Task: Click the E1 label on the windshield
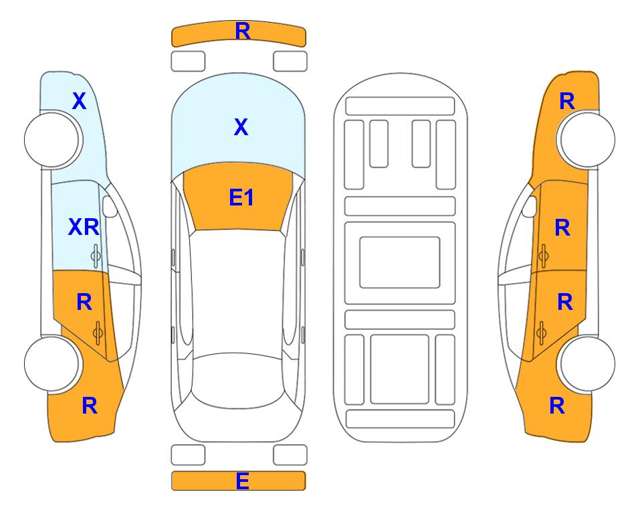click(x=241, y=197)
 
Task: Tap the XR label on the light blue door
click(x=84, y=227)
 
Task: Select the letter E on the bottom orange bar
click(x=242, y=481)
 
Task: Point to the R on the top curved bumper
click(x=243, y=31)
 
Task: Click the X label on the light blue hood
click(x=241, y=127)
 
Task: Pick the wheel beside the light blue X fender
click(x=51, y=140)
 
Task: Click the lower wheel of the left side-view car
click(x=51, y=363)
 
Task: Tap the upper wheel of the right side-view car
click(x=588, y=140)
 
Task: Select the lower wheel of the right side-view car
click(x=588, y=363)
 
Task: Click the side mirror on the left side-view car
click(x=110, y=206)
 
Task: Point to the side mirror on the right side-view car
click(x=530, y=206)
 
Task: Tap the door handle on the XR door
click(x=96, y=256)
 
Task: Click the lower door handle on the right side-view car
click(x=541, y=333)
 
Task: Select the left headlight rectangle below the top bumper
click(x=188, y=62)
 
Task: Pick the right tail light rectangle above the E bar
click(x=290, y=455)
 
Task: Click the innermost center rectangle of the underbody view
click(x=400, y=262)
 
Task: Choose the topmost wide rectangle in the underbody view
click(x=400, y=106)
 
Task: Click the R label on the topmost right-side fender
click(x=567, y=101)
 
